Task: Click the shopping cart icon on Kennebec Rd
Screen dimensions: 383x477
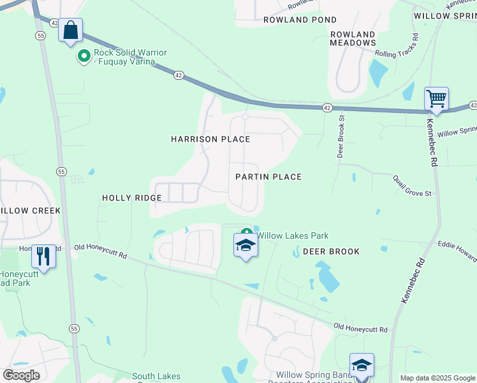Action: point(436,100)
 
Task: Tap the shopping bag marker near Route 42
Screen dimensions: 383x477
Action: point(70,30)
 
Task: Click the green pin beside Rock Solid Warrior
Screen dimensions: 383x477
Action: point(84,57)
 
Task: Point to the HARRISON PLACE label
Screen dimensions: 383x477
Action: point(210,139)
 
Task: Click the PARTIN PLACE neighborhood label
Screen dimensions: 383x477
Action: point(268,177)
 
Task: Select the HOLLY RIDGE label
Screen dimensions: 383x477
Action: point(132,199)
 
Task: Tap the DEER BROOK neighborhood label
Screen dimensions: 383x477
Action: point(331,252)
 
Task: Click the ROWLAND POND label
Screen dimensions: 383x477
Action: point(300,20)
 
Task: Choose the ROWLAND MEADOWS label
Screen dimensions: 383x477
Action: point(353,38)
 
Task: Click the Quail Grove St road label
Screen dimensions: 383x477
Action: point(412,185)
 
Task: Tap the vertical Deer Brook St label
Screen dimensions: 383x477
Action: point(341,136)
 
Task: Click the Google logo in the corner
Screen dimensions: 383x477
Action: point(20,375)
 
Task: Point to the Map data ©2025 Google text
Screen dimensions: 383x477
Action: point(437,378)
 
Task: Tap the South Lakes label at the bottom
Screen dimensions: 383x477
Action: point(156,377)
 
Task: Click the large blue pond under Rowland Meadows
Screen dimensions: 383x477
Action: point(378,73)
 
